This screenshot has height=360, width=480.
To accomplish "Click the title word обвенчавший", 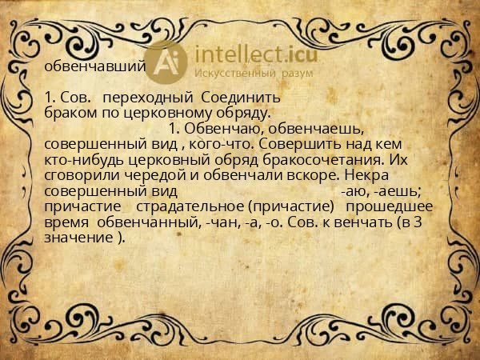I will [x=94, y=66].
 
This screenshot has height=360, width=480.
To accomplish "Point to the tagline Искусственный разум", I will [x=254, y=73].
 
